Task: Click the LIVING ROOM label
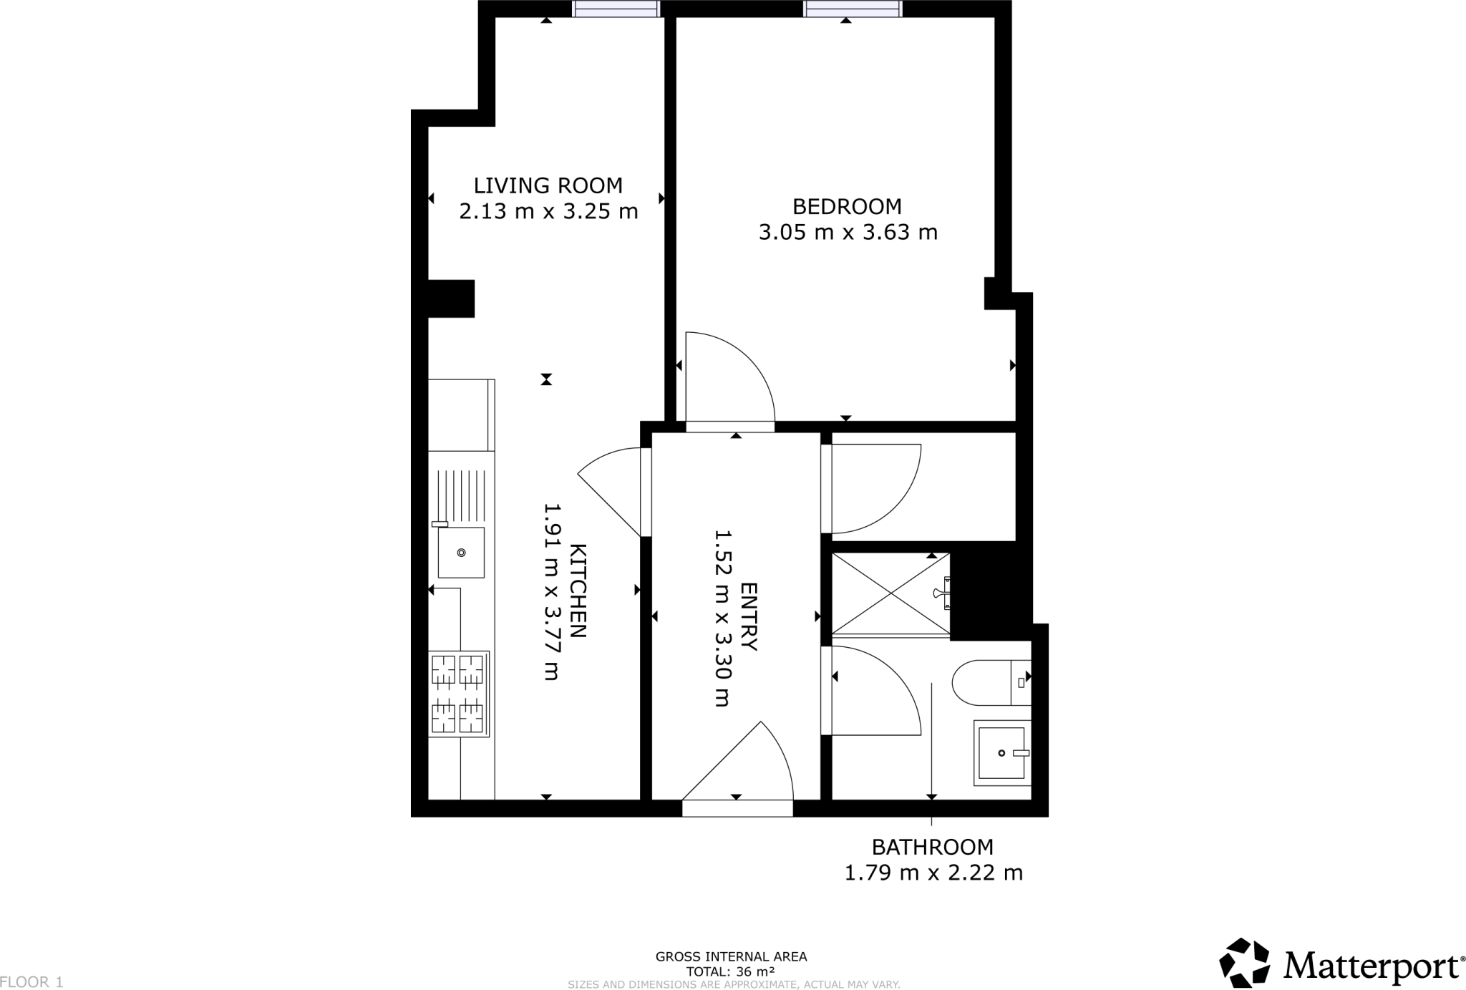pos(548,185)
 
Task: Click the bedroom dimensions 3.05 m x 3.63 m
pos(848,233)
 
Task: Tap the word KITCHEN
pos(577,591)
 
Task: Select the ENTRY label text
pos(748,616)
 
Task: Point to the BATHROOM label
pos(932,847)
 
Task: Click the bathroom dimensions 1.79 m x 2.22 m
pos(933,873)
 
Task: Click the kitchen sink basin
pos(461,552)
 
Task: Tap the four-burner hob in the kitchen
pos(458,694)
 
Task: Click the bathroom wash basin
pos(1001,752)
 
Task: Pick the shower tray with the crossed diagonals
pos(890,593)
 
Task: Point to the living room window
pos(616,9)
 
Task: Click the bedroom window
pos(853,9)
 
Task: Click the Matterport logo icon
pos(1245,962)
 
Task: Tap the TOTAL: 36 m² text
pos(730,972)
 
